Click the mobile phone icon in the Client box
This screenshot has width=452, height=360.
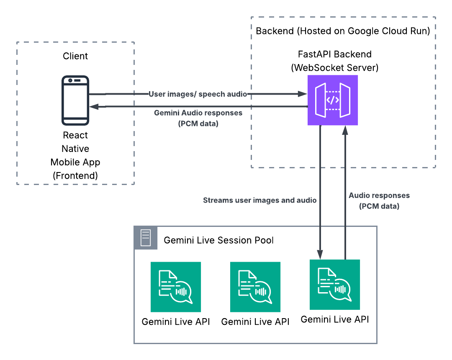(75, 100)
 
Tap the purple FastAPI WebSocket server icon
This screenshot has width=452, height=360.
(333, 100)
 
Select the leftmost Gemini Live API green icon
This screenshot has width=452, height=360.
(176, 287)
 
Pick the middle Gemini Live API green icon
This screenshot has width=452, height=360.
(255, 287)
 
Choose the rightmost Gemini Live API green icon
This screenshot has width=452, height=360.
(335, 285)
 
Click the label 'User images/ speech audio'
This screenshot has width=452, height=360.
(198, 94)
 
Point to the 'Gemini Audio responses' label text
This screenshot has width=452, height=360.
(198, 113)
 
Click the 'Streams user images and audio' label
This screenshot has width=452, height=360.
(259, 200)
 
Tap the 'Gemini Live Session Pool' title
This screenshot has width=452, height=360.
(218, 240)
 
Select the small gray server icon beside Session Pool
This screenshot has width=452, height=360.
(146, 238)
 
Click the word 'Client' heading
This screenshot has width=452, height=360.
(75, 56)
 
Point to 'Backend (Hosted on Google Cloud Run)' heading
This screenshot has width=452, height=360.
(343, 31)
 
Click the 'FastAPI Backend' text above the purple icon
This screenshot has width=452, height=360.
(334, 54)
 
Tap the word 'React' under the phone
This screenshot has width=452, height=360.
(75, 135)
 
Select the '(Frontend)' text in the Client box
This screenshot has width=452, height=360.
(75, 175)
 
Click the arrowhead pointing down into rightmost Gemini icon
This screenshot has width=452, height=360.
(320, 255)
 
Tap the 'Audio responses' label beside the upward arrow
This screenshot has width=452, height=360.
(379, 195)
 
